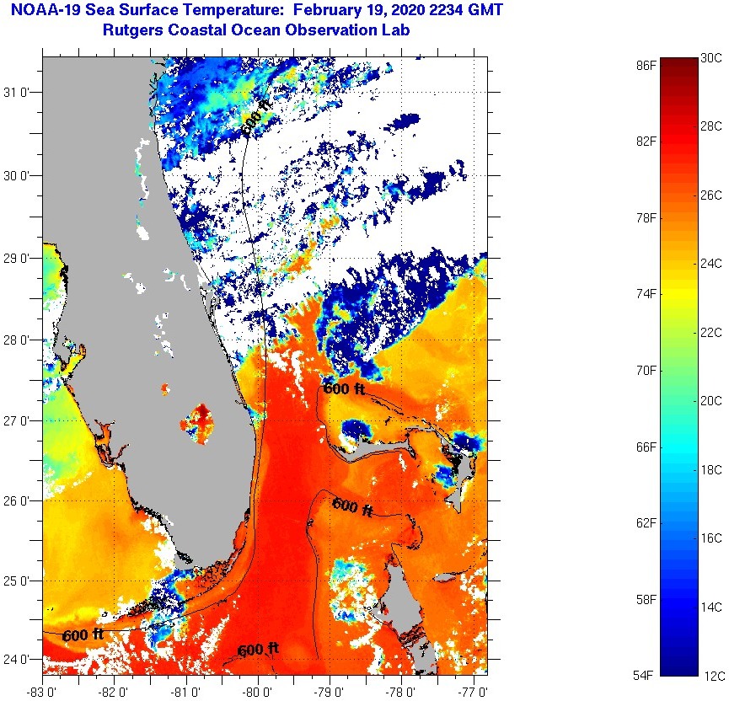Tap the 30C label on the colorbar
pos(711,58)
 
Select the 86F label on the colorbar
pos(647,65)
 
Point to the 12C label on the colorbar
pos(711,675)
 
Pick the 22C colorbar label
pos(711,333)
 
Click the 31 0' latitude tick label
pos(19,93)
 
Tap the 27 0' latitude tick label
pos(19,420)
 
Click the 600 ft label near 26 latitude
pos(352,506)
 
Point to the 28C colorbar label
pos(711,126)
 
